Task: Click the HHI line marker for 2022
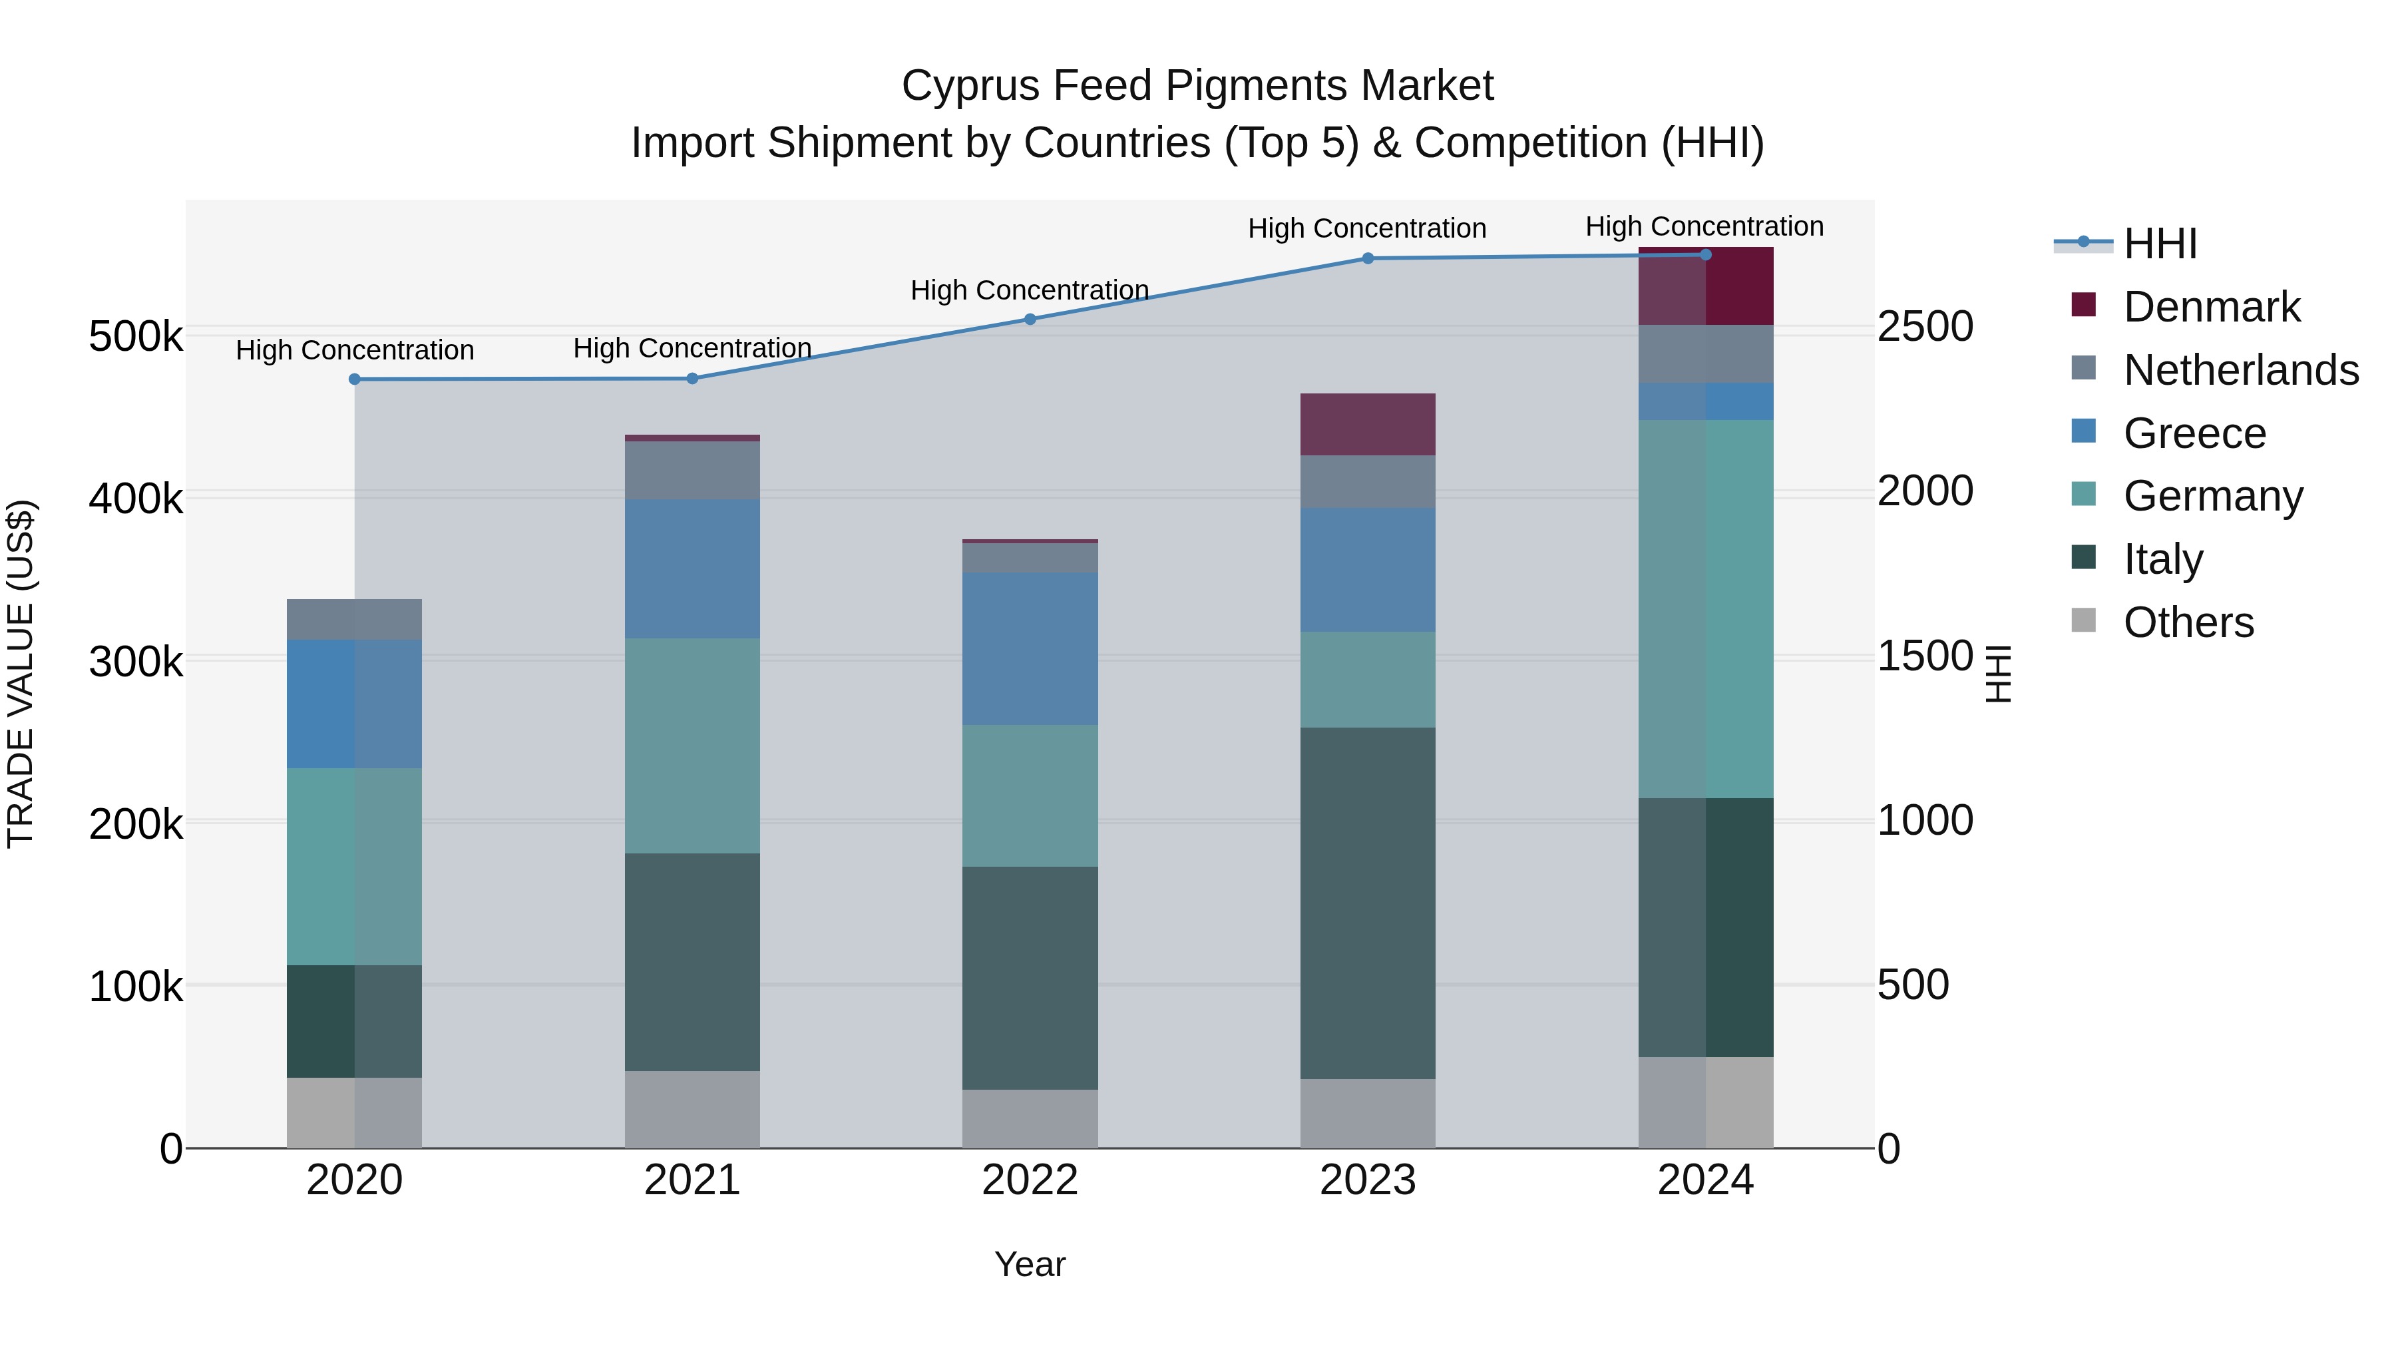click(x=1030, y=319)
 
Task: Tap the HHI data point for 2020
click(x=354, y=379)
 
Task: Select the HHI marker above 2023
click(x=1367, y=259)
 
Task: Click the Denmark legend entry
click(x=2211, y=307)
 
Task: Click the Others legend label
click(x=2188, y=622)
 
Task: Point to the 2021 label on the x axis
click(x=692, y=1180)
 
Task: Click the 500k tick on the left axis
click(x=136, y=336)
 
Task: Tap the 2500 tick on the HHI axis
click(x=1924, y=327)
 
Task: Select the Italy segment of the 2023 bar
click(x=1367, y=903)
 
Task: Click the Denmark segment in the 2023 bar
click(x=1367, y=424)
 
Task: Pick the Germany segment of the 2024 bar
click(x=1705, y=608)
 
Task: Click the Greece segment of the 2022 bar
click(x=1030, y=648)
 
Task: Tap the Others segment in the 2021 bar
click(x=692, y=1109)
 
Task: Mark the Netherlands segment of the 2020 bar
click(x=354, y=620)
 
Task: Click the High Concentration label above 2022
click(x=1030, y=290)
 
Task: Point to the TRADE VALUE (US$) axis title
click(x=21, y=674)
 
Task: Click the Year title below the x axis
click(x=1030, y=1264)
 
